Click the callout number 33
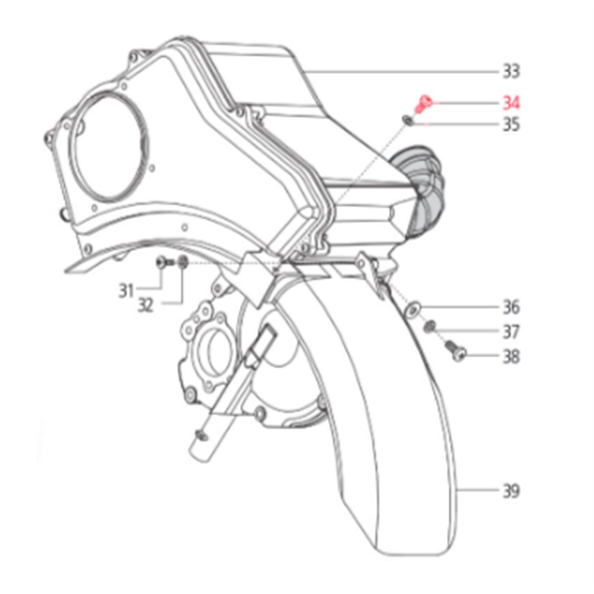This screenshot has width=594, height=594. [511, 71]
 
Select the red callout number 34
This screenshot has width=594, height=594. [511, 103]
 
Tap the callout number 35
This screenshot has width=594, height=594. [511, 125]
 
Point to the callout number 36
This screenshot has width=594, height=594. [511, 307]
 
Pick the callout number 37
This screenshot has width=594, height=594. [511, 332]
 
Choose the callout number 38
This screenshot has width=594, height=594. [511, 356]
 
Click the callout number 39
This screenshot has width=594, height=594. [511, 491]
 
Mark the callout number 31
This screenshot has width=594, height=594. [126, 291]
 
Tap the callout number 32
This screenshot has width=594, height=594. [145, 305]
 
